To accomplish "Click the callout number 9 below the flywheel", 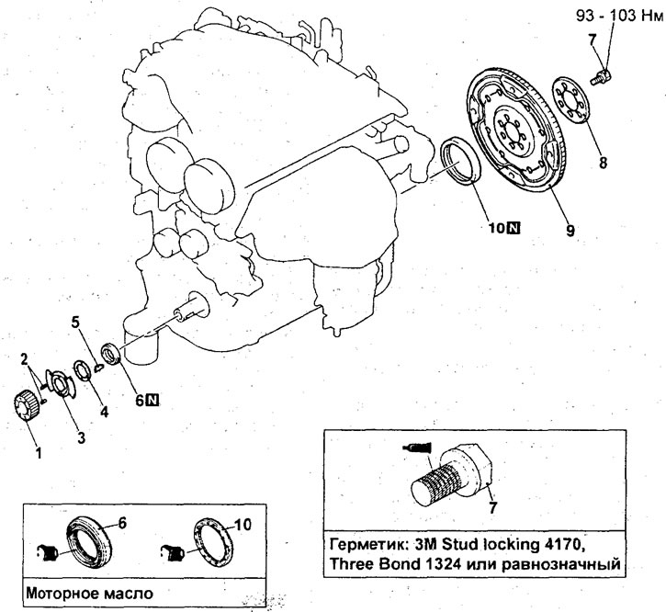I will (570, 232).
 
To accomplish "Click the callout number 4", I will (104, 413).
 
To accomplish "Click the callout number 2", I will (24, 357).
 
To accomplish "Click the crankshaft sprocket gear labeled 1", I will (30, 405).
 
